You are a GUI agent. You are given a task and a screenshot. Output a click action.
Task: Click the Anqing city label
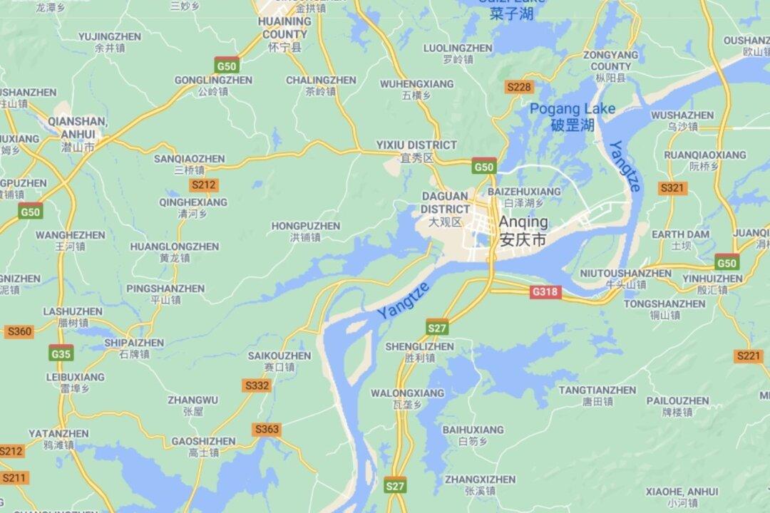tap(523, 229)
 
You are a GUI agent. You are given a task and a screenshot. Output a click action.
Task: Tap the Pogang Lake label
tap(573, 116)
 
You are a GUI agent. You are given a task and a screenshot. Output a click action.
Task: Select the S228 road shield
tap(518, 87)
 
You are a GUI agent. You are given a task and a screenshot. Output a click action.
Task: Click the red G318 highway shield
tap(545, 291)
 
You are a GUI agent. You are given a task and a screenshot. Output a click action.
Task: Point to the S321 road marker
tap(672, 188)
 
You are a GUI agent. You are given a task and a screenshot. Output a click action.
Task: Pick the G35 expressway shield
tap(61, 353)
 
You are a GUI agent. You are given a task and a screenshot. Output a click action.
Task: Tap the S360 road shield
tap(19, 331)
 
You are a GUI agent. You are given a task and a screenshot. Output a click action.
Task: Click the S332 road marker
tap(257, 385)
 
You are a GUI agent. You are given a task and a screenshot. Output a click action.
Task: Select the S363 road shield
tap(267, 430)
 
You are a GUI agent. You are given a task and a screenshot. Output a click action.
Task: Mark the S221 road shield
tap(749, 356)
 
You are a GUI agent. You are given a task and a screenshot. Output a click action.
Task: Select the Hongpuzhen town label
tap(306, 231)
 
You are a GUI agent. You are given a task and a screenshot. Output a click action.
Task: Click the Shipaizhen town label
tap(134, 348)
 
